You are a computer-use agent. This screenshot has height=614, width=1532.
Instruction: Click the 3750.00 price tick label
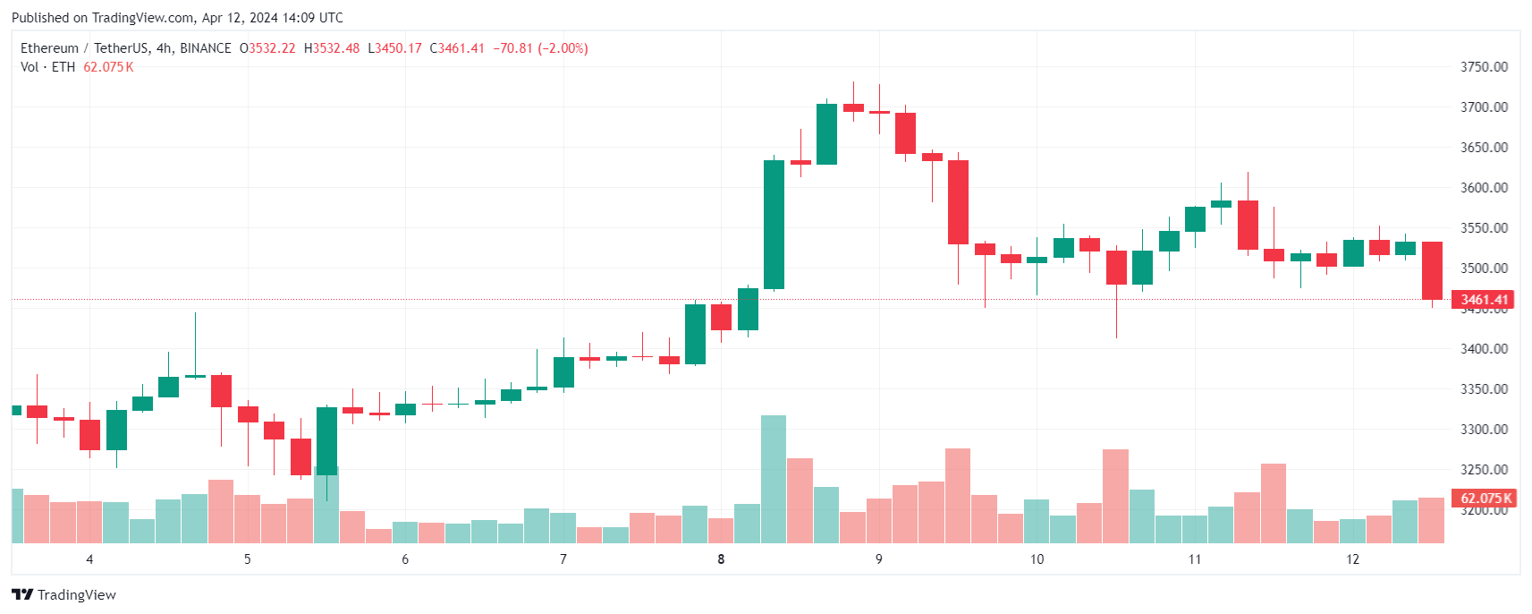pyautogui.click(x=1484, y=67)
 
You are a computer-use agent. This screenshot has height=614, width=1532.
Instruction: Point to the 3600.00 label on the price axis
pyautogui.click(x=1484, y=188)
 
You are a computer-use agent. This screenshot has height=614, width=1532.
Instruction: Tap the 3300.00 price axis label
pyautogui.click(x=1484, y=430)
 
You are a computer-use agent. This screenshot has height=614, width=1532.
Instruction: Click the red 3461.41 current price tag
pyautogui.click(x=1483, y=300)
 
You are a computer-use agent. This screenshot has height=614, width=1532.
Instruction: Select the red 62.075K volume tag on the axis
pyautogui.click(x=1483, y=499)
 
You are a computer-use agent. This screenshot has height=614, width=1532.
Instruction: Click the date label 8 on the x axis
pyautogui.click(x=721, y=559)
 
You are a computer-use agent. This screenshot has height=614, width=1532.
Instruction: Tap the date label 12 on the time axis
pyautogui.click(x=1352, y=559)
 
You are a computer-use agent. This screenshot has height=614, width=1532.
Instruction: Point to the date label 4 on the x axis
pyautogui.click(x=89, y=559)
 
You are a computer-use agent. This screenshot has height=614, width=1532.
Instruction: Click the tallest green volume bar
pyautogui.click(x=774, y=479)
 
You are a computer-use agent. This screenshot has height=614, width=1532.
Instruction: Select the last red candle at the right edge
pyautogui.click(x=1432, y=270)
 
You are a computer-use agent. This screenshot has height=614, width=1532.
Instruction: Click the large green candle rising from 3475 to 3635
pyautogui.click(x=774, y=225)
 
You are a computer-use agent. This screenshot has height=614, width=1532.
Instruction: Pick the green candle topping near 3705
pyautogui.click(x=826, y=134)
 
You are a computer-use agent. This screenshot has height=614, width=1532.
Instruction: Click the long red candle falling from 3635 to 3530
pyautogui.click(x=958, y=202)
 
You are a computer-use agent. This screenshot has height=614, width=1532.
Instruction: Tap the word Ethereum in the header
pyautogui.click(x=49, y=48)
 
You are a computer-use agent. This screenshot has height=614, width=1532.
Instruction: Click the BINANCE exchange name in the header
pyautogui.click(x=206, y=48)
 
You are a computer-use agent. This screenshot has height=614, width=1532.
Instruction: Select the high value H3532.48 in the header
pyautogui.click(x=332, y=48)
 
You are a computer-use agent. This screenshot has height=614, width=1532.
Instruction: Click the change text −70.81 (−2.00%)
pyautogui.click(x=540, y=48)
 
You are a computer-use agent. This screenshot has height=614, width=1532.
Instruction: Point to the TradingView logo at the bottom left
pyautogui.click(x=63, y=595)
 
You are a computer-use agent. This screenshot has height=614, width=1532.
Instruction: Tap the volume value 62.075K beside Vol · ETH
pyautogui.click(x=108, y=67)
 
